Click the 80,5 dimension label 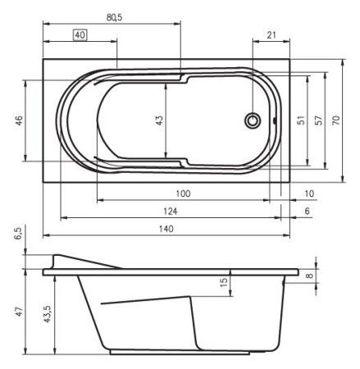tap(114, 17)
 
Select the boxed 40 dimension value tap(80, 35)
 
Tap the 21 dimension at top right tap(271, 35)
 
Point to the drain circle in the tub tap(253, 121)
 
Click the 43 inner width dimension tap(160, 121)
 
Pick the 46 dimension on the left tap(19, 121)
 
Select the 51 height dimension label tap(301, 121)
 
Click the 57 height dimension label tap(318, 121)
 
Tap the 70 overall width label tap(336, 121)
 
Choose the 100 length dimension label tap(183, 194)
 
